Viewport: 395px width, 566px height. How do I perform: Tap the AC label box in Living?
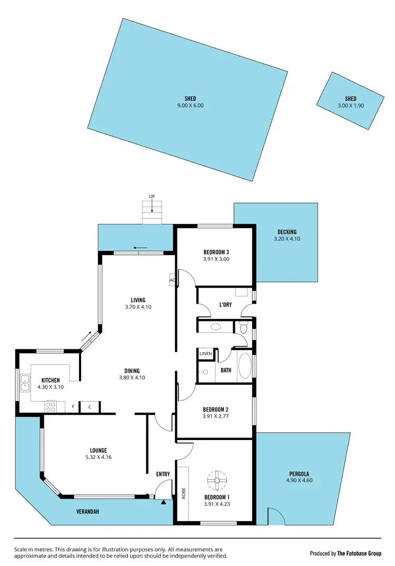pos(172,280)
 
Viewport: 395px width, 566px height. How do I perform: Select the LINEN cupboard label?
pos(205,354)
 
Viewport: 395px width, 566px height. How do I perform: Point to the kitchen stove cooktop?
pos(51,406)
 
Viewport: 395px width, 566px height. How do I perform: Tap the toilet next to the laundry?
pos(243,328)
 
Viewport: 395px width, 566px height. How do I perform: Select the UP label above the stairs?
pos(152,197)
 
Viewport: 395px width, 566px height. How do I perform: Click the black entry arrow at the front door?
pos(163,502)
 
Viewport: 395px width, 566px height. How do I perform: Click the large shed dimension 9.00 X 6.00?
pos(190,105)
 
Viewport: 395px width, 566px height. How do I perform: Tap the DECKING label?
pos(287,232)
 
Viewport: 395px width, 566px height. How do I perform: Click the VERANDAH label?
pos(87,512)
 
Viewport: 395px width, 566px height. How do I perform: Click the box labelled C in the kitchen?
pos(90,407)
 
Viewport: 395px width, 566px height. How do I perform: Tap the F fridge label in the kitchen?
pos(73,407)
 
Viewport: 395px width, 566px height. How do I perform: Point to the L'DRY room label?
pos(226,305)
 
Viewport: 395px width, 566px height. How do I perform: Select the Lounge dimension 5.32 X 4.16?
pos(98,457)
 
